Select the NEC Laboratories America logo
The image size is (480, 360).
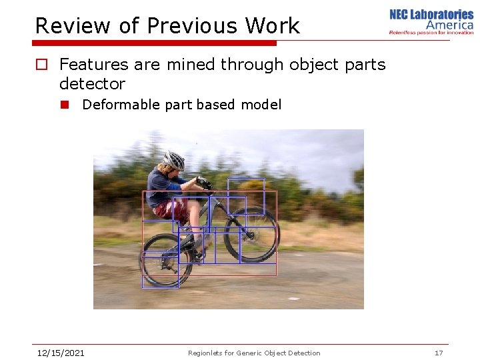[431, 22]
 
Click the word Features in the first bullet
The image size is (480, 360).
[94, 65]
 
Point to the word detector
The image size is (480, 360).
[92, 84]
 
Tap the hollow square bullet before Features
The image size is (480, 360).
[42, 65]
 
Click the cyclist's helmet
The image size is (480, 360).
[174, 160]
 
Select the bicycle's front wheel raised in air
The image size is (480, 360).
[251, 234]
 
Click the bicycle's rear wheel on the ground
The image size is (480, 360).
[167, 260]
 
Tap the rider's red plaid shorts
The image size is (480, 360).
[171, 209]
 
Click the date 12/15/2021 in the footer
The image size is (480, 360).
[61, 353]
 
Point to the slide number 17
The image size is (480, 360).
[439, 353]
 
